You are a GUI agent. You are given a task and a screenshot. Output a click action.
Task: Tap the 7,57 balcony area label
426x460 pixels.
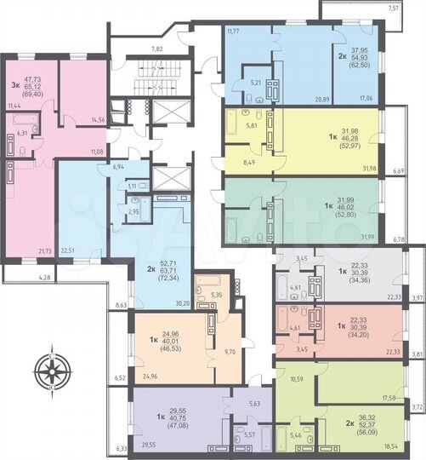tap(416, 8)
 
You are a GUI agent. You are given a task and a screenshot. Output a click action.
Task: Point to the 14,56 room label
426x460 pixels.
tap(97, 120)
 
